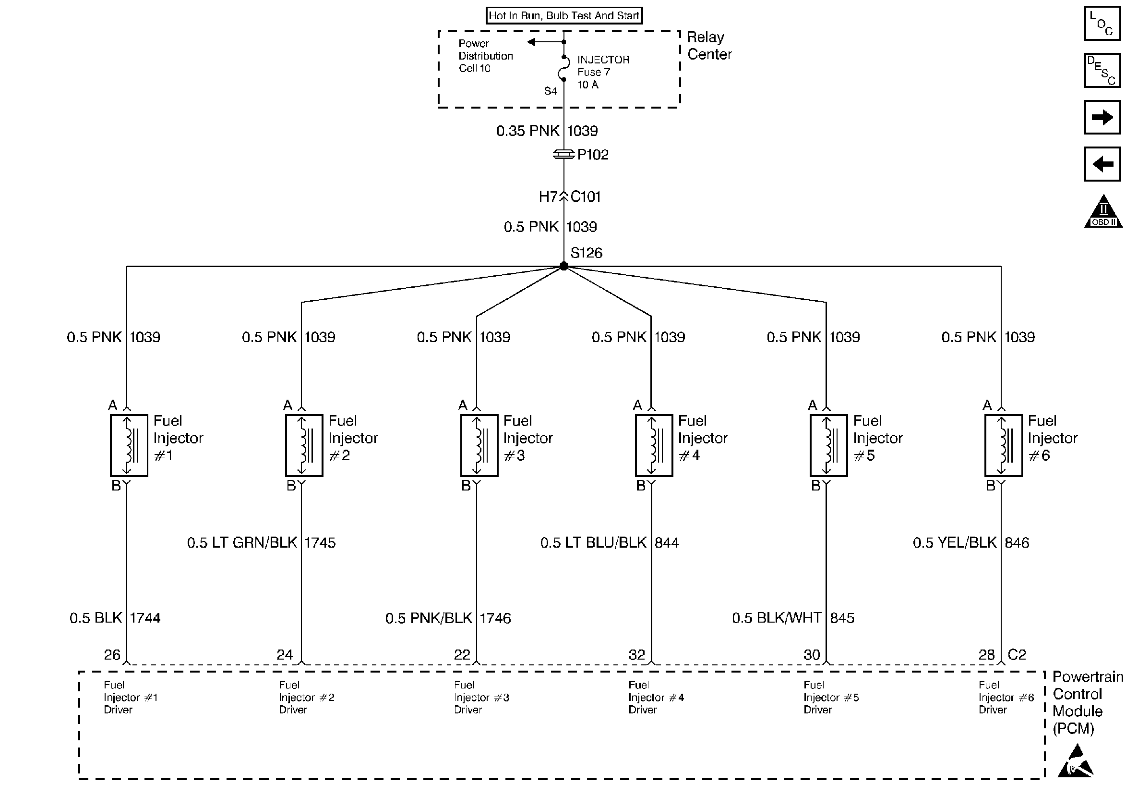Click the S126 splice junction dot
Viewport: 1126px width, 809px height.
563,266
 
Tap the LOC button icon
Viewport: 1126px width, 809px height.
1102,24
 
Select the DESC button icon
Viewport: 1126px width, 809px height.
1102,70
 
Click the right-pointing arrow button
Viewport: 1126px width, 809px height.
1102,117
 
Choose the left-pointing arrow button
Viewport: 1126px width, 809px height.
1102,164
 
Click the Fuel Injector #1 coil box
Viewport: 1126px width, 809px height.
129,445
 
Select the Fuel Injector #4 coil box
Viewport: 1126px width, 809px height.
654,445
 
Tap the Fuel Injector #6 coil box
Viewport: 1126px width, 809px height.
1004,445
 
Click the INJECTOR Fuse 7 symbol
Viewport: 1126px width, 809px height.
563,69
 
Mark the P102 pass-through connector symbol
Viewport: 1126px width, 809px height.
563,155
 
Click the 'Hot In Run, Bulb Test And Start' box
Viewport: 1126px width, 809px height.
563,15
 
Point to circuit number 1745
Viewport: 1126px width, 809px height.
320,543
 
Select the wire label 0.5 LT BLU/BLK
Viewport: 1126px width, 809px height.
593,543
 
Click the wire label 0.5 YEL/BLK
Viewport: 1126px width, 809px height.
954,543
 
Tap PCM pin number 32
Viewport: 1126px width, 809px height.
636,655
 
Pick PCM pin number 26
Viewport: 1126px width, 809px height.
112,655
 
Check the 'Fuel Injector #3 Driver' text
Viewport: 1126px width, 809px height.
481,697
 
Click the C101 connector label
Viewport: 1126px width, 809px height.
586,197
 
